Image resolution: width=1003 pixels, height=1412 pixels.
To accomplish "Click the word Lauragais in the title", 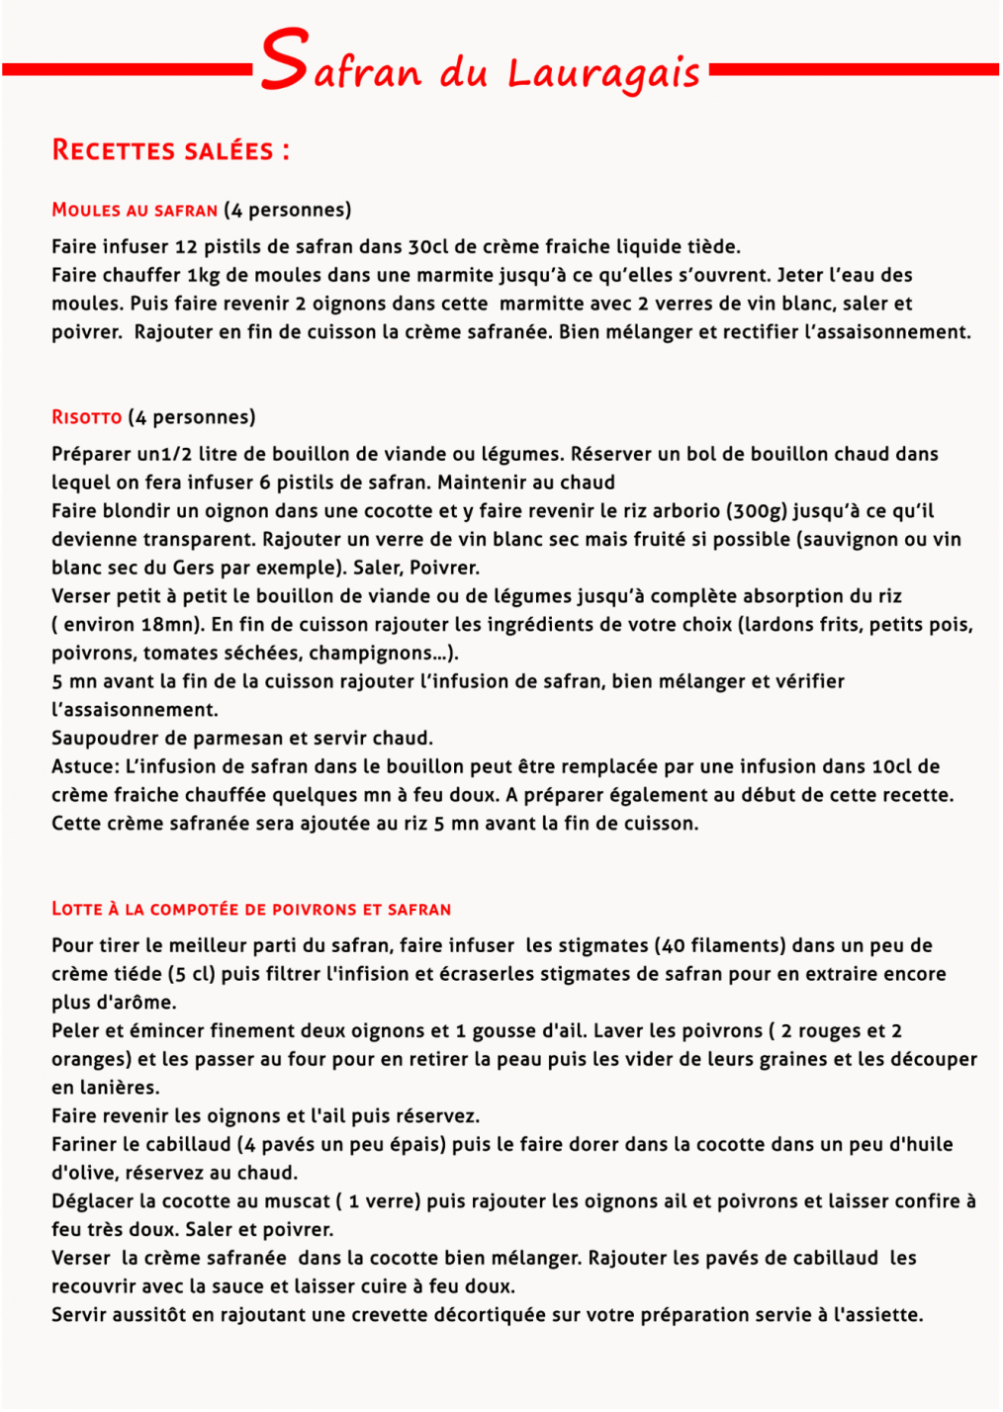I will (x=603, y=73).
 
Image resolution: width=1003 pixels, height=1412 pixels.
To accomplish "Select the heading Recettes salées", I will (x=170, y=150).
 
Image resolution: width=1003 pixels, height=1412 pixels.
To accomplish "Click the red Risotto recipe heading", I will (x=87, y=417).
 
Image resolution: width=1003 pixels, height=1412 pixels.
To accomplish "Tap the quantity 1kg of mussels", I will (x=203, y=275).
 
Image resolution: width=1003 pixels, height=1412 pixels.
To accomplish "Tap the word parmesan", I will (x=236, y=739).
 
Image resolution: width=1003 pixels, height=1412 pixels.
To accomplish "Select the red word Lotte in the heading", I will (x=77, y=909).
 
